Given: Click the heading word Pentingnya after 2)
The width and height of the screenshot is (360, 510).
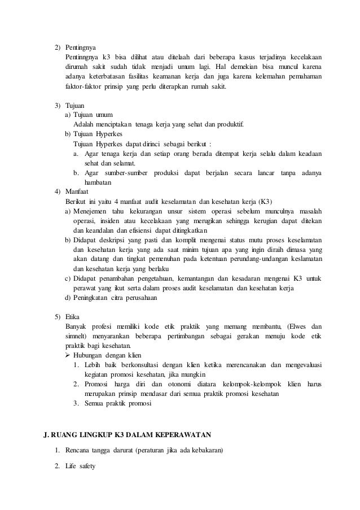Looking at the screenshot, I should point(80,47).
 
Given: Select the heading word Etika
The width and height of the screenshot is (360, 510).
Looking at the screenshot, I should point(72,316).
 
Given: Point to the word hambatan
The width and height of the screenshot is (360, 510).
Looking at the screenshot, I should point(98,182).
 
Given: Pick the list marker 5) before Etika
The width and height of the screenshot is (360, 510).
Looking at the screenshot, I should point(57,316).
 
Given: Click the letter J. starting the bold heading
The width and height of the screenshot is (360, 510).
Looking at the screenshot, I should point(47,434).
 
